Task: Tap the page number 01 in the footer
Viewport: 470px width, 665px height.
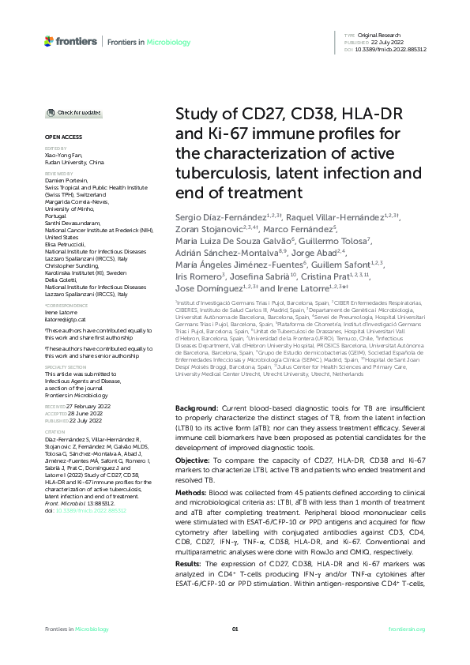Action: (x=235, y=629)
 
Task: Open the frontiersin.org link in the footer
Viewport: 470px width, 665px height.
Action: (x=408, y=629)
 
